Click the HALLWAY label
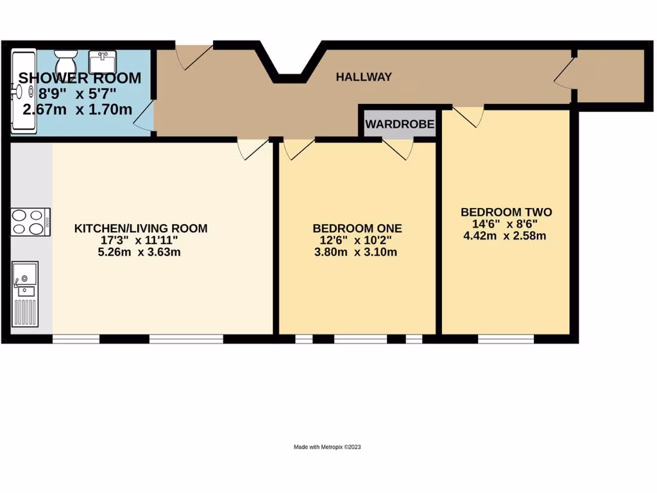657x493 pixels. click(364, 77)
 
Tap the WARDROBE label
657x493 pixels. click(400, 124)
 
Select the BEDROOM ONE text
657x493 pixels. click(357, 228)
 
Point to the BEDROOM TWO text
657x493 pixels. click(506, 212)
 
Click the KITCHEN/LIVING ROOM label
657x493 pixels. click(141, 228)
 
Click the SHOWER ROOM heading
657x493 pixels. click(80, 78)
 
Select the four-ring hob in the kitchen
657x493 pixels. click(30, 222)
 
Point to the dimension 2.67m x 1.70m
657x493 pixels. click(78, 110)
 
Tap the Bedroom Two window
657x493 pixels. click(506, 338)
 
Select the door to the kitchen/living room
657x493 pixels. click(253, 148)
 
